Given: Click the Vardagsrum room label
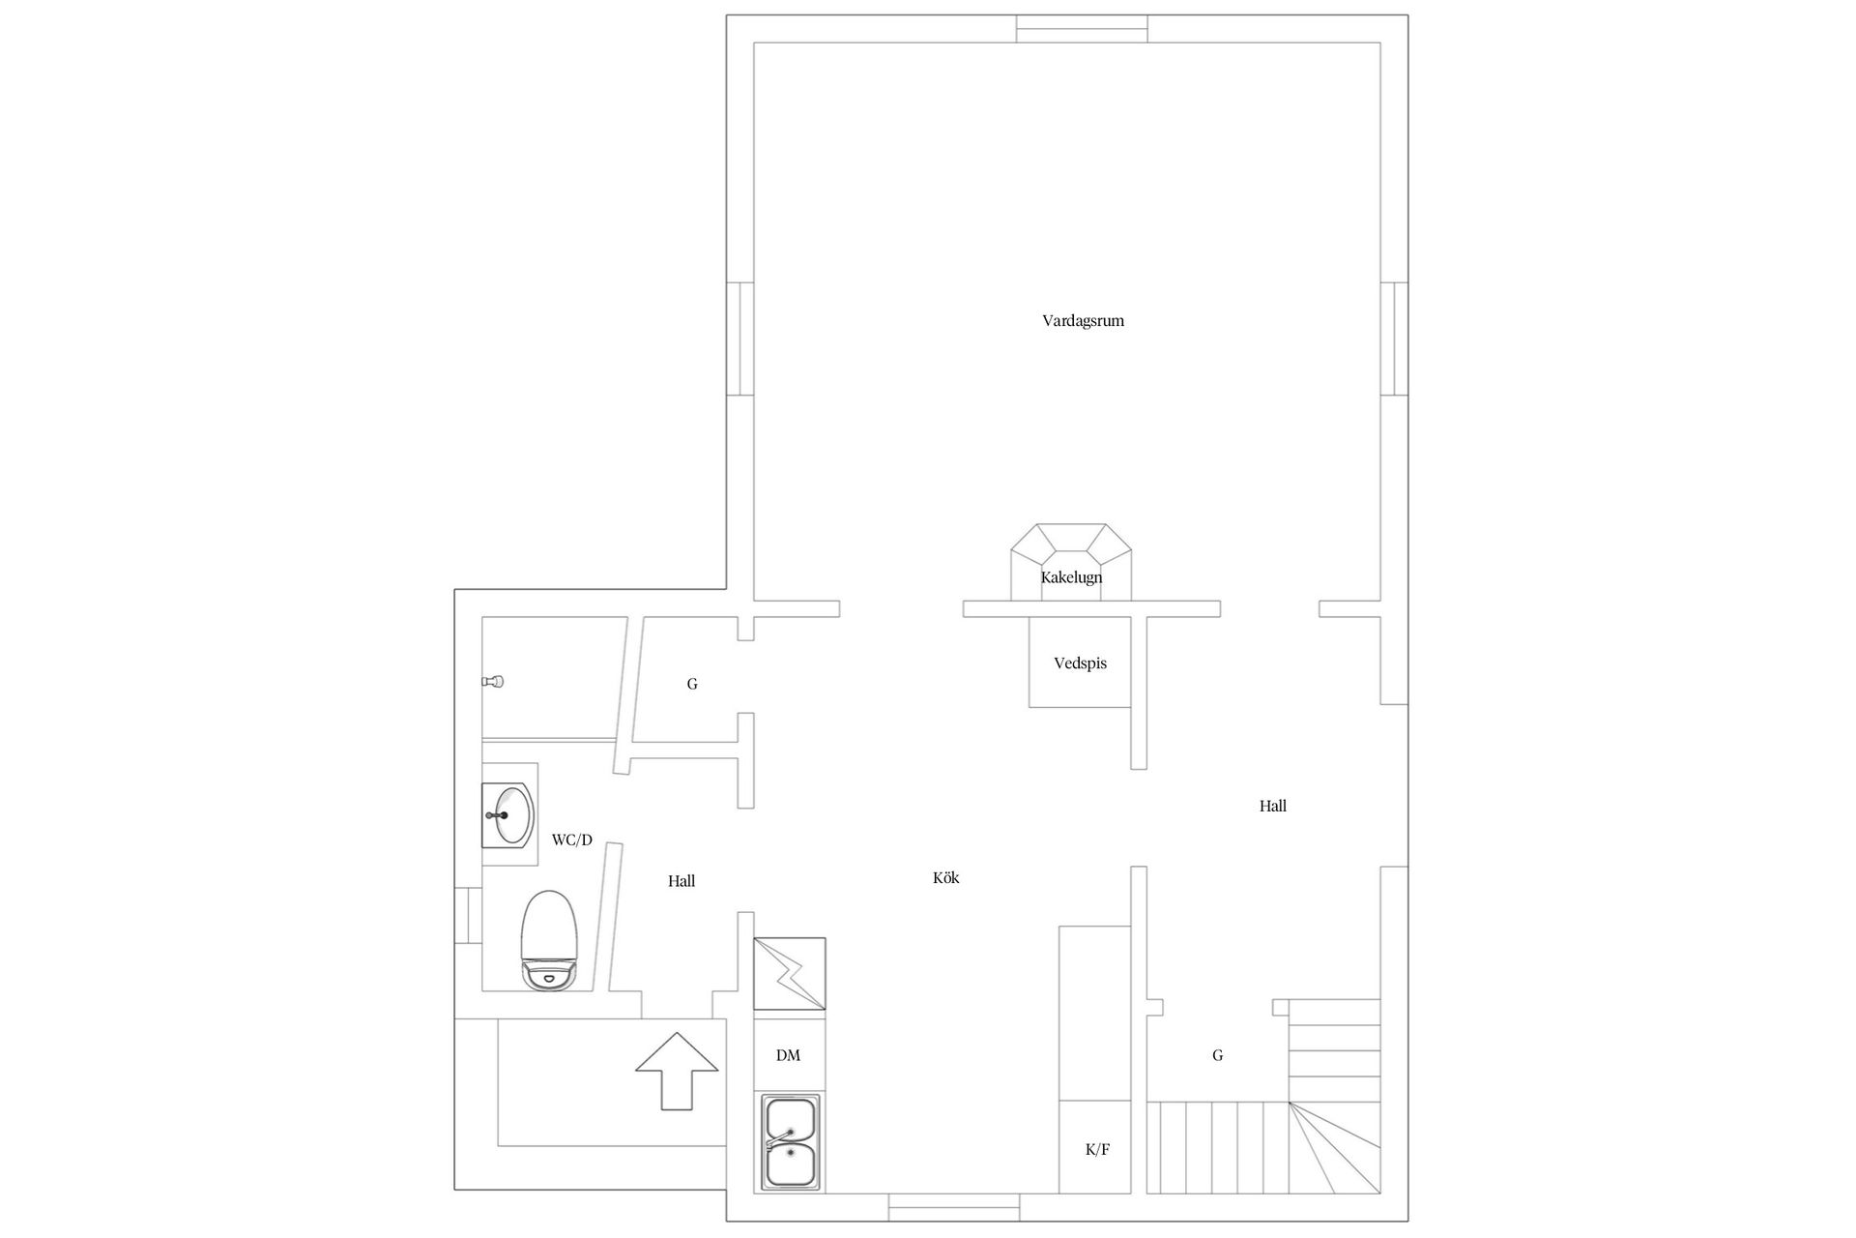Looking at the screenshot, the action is [1083, 321].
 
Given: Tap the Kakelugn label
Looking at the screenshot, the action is [1071, 577].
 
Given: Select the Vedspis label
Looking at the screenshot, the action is [1080, 663].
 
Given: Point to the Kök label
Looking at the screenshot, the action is [945, 878].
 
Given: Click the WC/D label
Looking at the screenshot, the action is [571, 840].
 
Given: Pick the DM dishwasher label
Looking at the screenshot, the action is [788, 1055].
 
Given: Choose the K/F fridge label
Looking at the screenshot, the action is [1097, 1150].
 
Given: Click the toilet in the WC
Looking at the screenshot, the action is [548, 940].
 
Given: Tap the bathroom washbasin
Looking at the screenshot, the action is [508, 814].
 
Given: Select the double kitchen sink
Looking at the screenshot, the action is [791, 1142].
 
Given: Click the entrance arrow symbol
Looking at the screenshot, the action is [677, 1071].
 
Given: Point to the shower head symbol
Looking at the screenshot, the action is [493, 682].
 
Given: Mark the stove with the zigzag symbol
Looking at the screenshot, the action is [790, 974].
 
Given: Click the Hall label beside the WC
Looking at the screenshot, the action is [681, 881].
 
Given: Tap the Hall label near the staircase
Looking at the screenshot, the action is [1272, 806].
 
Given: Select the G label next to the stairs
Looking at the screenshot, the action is [1217, 1055].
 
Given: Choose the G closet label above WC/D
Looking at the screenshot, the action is [692, 684].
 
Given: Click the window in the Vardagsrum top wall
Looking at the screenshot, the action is [1082, 29].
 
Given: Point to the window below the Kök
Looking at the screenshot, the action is [954, 1207].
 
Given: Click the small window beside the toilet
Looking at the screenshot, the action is [469, 916].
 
